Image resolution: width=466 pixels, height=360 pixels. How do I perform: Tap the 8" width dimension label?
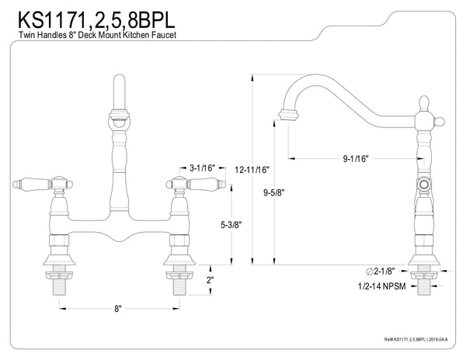coord(118,308)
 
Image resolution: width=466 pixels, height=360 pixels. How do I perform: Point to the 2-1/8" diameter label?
coord(381,272)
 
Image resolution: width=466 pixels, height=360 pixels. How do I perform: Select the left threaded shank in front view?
coord(58,285)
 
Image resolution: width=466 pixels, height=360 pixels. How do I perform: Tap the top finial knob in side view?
coord(425,103)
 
